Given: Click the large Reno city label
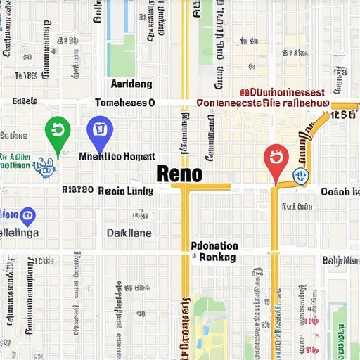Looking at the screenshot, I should [x=180, y=173].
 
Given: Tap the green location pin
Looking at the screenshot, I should [x=56, y=131].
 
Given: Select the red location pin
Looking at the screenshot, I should [x=275, y=160].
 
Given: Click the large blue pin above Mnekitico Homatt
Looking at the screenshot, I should [x=99, y=131].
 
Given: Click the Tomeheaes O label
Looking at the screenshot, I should [x=124, y=103].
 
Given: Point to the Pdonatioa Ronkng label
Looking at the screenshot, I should [x=215, y=252].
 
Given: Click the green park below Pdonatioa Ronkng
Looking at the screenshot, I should [x=211, y=316].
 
